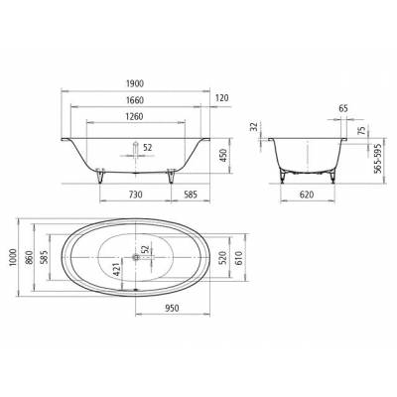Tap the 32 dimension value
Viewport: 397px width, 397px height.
click(x=255, y=128)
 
